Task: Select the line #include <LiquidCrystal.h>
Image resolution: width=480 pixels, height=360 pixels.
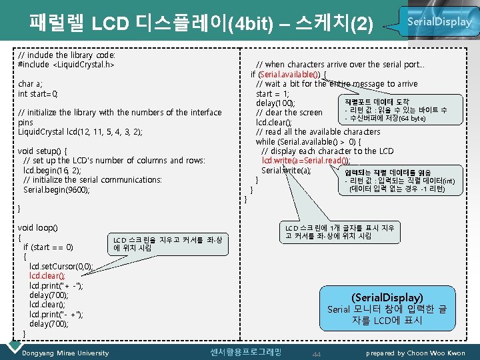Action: click(66, 65)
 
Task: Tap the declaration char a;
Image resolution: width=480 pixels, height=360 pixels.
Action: click(31, 84)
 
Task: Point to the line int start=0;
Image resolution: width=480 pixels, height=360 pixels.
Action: click(38, 94)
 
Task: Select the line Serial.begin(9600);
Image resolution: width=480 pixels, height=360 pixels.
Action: click(56, 190)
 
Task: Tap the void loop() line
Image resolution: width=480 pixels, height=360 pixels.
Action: click(37, 228)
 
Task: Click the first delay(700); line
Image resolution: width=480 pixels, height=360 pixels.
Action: click(48, 295)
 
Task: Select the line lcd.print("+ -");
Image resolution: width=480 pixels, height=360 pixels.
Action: click(56, 285)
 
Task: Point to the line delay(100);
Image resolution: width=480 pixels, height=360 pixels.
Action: click(276, 103)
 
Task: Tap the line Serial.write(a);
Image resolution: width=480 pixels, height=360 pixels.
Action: click(286, 171)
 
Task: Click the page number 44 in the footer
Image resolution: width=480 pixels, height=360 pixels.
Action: click(317, 353)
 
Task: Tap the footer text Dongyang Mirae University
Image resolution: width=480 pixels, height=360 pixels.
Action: click(65, 353)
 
